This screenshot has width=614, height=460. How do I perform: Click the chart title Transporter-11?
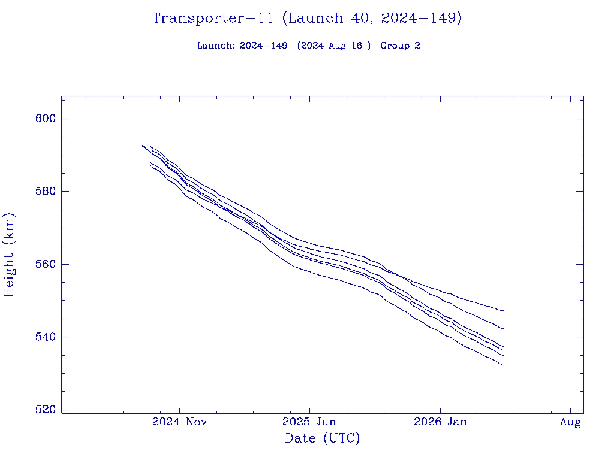216,19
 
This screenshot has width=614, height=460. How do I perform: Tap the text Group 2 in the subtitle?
400,46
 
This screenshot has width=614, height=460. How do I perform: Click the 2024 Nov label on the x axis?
179,422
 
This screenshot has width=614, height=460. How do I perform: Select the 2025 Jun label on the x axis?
309,422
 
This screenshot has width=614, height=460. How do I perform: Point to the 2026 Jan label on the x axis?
440,422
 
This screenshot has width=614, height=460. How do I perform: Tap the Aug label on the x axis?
570,423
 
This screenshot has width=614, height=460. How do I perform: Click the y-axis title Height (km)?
10,255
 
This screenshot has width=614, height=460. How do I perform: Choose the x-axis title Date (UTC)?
323,439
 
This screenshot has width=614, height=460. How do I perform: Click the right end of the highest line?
504,311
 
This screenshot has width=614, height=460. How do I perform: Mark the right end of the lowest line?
504,365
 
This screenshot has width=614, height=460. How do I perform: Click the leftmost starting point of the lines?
142,145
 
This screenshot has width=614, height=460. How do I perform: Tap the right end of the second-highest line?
504,329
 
